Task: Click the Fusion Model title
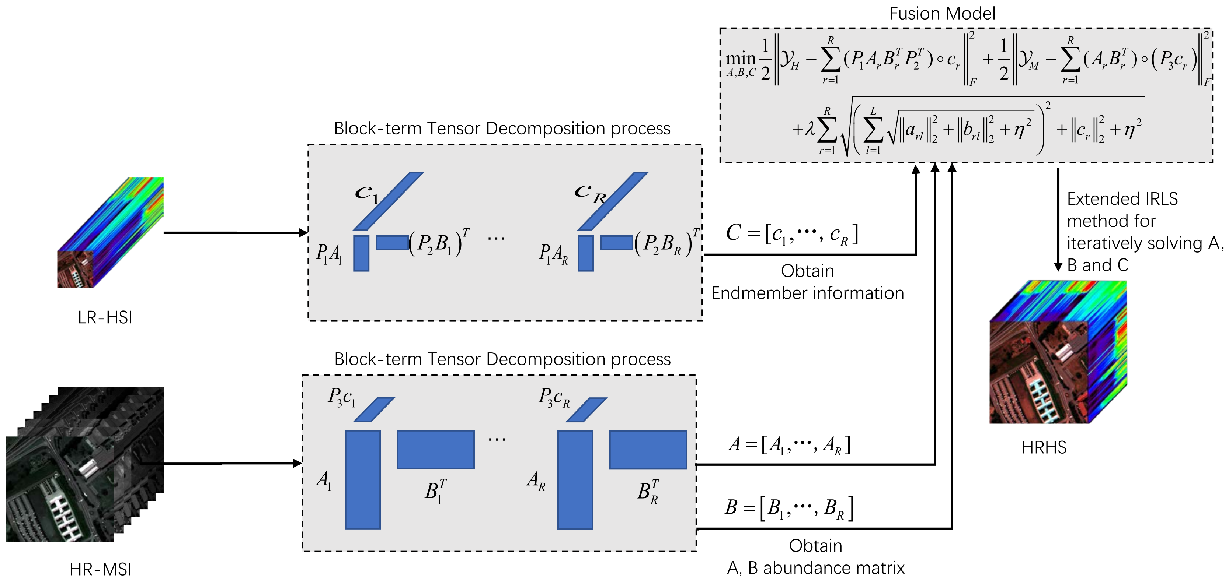click(942, 13)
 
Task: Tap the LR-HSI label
click(105, 317)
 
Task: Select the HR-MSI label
click(100, 569)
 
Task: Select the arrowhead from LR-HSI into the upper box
click(303, 233)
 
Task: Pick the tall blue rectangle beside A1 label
click(363, 479)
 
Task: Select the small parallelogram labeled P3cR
click(586, 410)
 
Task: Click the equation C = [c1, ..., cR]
click(792, 233)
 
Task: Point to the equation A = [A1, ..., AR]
click(790, 445)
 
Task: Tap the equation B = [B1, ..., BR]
click(790, 508)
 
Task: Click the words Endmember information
click(807, 293)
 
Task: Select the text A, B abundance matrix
click(816, 568)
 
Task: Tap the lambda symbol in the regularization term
click(810, 129)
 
